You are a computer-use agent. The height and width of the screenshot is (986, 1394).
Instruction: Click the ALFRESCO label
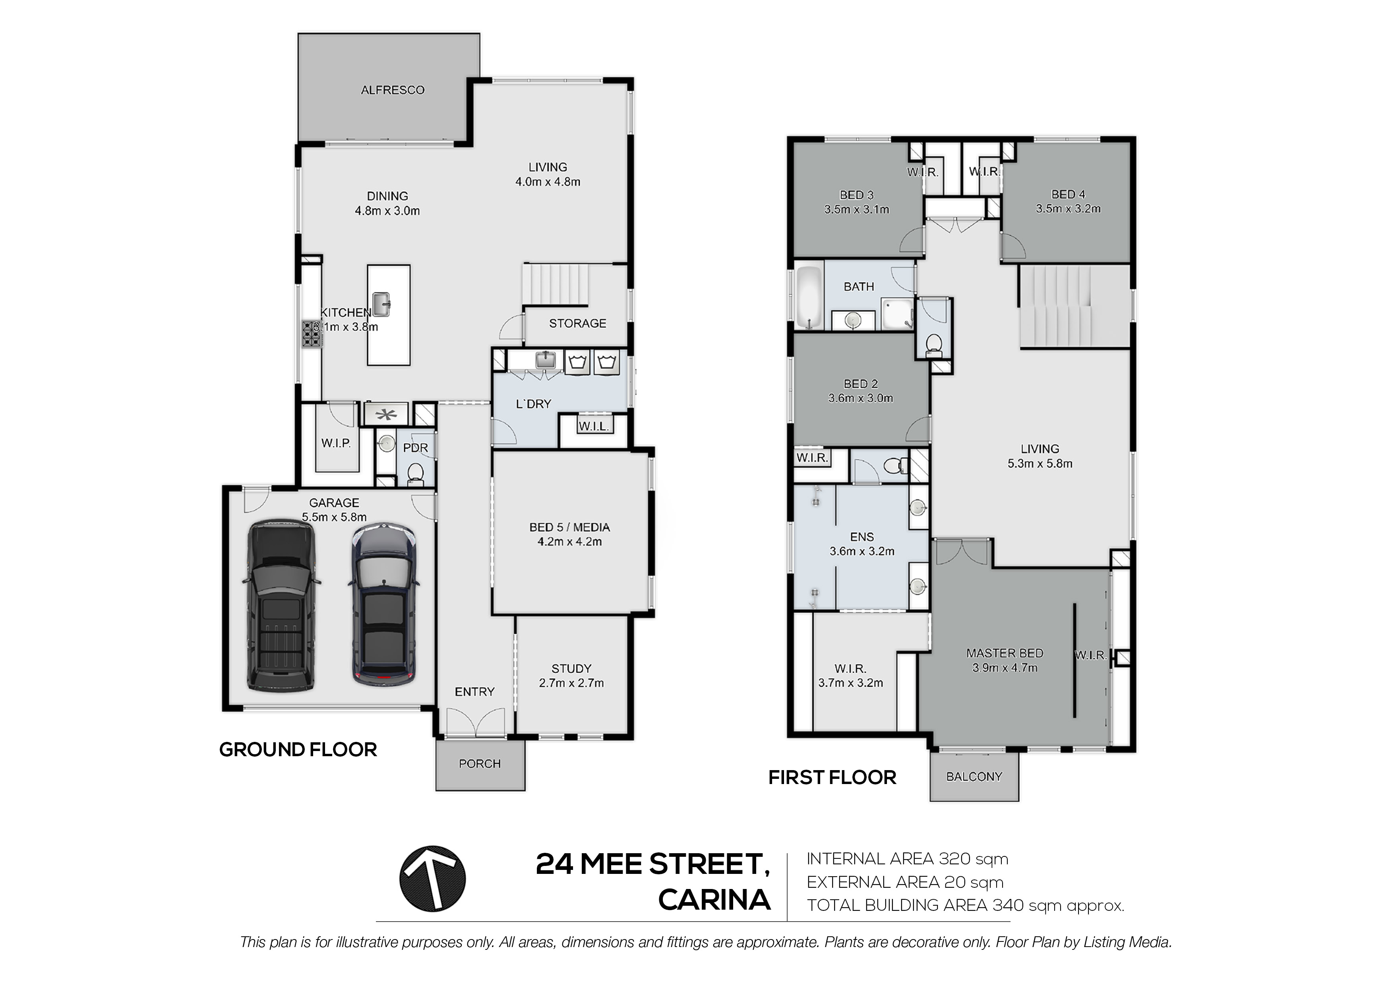coord(392,90)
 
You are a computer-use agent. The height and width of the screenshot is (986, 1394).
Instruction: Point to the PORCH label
coord(480,764)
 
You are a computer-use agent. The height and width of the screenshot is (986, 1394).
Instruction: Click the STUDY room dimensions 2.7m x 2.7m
coord(571,683)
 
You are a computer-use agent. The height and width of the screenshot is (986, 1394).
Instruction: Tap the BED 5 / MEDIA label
coord(569,527)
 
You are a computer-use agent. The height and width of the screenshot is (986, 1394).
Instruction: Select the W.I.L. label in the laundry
coord(593,427)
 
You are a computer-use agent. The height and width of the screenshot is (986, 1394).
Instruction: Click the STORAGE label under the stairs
coord(577,323)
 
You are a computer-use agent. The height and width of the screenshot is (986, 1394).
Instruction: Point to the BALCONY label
coord(974,776)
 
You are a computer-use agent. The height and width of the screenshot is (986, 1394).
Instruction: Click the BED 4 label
coord(1068,194)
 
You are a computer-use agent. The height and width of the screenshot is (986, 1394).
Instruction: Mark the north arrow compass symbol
coord(432,879)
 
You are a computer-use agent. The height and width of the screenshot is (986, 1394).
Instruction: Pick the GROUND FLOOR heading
coord(298,750)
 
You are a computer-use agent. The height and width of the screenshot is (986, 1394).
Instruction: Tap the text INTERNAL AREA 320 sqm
coord(907,859)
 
